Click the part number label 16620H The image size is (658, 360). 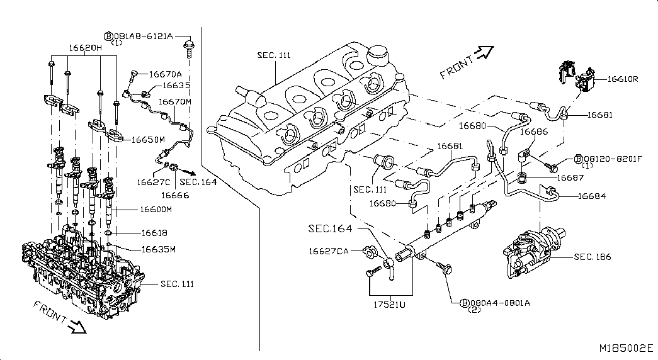(85, 47)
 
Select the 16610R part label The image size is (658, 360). (623, 79)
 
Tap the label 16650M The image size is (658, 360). (147, 139)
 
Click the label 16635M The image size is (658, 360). (158, 249)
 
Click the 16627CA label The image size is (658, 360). (328, 251)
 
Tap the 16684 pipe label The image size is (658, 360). (592, 196)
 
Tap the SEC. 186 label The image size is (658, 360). (593, 257)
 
